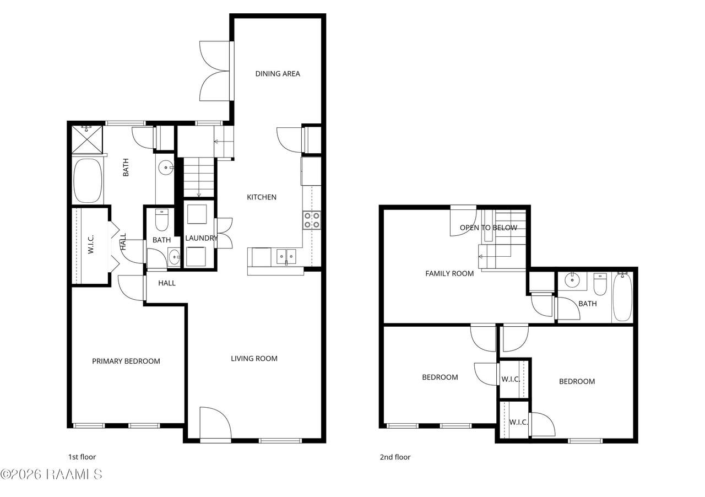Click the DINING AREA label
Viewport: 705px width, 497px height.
click(277, 74)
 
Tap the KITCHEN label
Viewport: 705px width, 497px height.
click(262, 197)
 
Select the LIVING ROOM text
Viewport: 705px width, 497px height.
click(254, 358)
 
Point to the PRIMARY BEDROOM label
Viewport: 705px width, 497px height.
click(126, 361)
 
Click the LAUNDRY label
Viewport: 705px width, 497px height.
click(202, 238)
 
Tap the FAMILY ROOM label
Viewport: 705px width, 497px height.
click(449, 273)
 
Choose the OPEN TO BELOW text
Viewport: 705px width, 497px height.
click(488, 228)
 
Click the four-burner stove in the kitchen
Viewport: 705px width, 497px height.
click(312, 220)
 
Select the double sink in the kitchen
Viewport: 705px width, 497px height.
click(286, 257)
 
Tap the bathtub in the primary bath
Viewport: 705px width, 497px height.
click(88, 181)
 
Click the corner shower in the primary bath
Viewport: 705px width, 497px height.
click(87, 139)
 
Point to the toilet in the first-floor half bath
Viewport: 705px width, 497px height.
click(162, 220)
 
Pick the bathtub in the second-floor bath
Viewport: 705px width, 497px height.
click(622, 297)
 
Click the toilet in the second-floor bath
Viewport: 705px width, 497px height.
click(600, 284)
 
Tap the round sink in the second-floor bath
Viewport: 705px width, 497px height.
click(572, 280)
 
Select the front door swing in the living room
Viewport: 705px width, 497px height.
click(215, 423)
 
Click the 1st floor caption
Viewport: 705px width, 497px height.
click(82, 457)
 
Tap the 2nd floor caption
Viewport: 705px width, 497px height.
click(395, 457)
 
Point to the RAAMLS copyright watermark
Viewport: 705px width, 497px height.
click(51, 474)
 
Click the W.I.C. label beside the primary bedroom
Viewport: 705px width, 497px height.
click(91, 244)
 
